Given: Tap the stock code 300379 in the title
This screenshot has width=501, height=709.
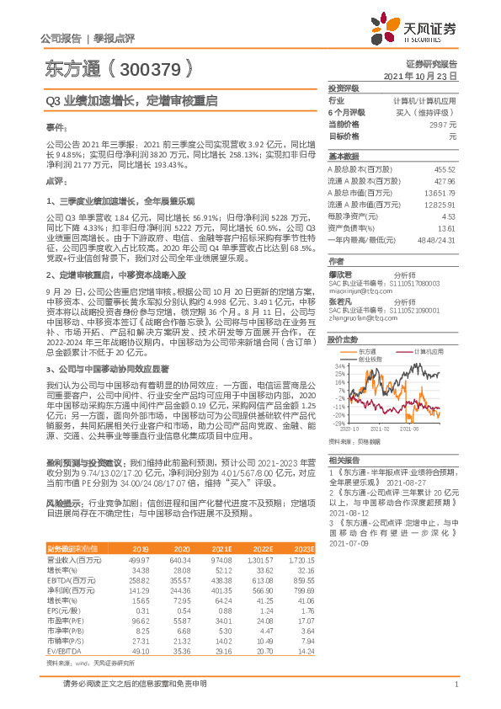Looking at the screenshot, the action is pos(152,67).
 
